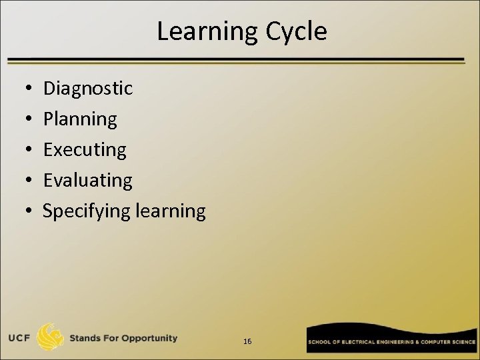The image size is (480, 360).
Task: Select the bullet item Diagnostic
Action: (x=87, y=88)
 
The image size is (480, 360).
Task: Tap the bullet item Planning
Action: (x=80, y=119)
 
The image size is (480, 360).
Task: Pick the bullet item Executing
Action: (x=85, y=150)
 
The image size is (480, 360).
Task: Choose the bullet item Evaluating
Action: (x=87, y=180)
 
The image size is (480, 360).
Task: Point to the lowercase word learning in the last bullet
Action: (x=170, y=211)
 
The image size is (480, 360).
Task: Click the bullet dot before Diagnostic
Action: (x=23, y=89)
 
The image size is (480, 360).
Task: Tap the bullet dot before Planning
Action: (x=23, y=119)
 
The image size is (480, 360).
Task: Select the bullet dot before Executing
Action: (x=23, y=150)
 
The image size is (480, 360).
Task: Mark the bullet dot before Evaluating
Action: (x=23, y=181)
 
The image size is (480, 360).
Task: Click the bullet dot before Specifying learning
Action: (x=23, y=211)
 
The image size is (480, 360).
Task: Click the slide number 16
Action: (x=247, y=341)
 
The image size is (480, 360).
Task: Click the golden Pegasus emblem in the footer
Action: (x=50, y=337)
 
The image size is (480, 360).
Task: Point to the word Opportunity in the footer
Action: (x=148, y=338)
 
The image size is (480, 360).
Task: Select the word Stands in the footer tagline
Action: (x=85, y=338)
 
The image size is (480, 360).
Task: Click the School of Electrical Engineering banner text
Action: (x=391, y=341)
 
